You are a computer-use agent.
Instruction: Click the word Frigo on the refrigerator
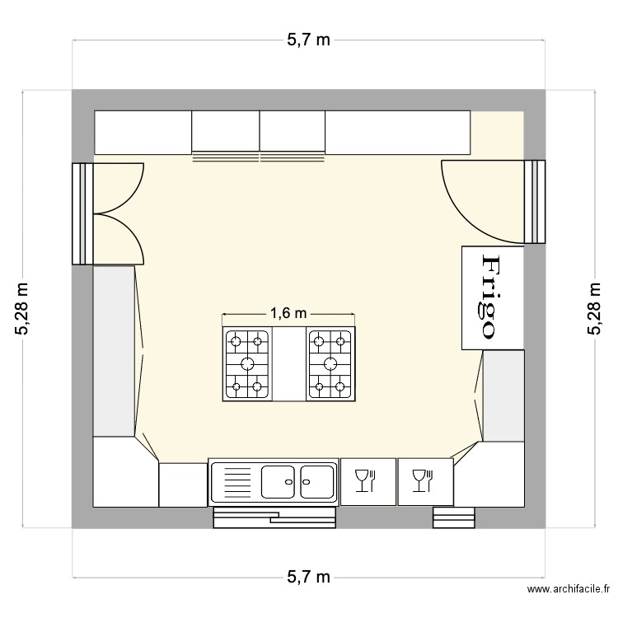tap(489, 297)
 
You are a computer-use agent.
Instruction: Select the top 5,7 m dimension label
tap(308, 40)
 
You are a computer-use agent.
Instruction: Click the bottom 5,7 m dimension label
tap(308, 577)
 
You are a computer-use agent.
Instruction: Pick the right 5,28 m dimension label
tap(593, 308)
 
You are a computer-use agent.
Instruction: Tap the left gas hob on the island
tap(247, 363)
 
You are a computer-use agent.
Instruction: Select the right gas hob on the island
tap(330, 363)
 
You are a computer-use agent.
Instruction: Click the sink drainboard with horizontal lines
tap(236, 481)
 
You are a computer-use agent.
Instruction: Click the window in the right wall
tap(536, 202)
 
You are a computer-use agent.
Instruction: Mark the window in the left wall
tap(82, 213)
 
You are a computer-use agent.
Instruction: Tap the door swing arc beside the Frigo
tap(478, 198)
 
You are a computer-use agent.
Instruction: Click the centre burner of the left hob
tap(247, 363)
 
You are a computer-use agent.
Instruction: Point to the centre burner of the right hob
tap(330, 363)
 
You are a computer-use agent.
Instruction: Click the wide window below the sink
tap(274, 517)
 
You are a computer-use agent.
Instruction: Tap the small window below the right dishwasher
tap(454, 517)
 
